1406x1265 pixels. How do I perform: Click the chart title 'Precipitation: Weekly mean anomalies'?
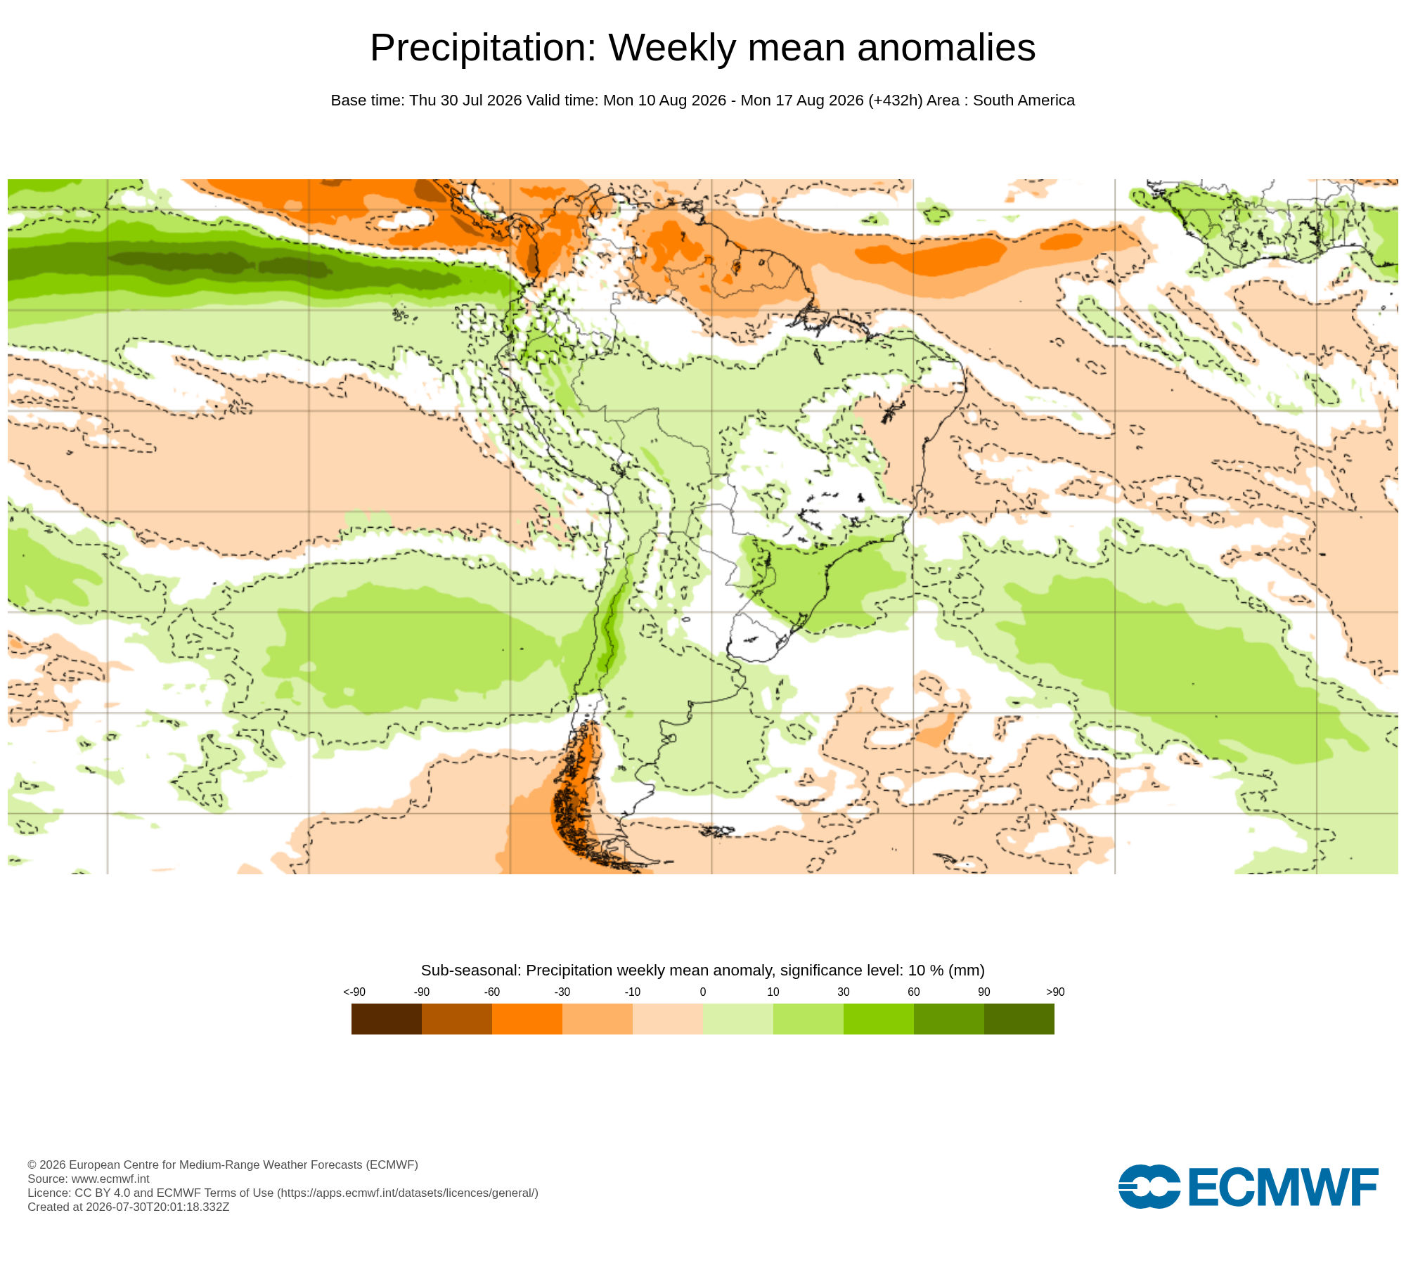pos(703,48)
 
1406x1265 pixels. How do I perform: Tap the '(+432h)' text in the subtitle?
pos(895,100)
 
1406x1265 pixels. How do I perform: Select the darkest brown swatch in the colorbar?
pos(387,1019)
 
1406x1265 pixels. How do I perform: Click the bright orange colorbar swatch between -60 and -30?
pos(527,1019)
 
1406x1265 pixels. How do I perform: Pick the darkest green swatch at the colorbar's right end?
pos(1019,1019)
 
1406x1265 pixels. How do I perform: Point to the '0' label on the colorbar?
pos(703,992)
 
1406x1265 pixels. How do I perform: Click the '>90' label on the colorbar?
pos(1055,992)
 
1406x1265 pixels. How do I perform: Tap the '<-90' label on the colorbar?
pos(354,992)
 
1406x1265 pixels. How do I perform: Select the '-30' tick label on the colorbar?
pos(562,992)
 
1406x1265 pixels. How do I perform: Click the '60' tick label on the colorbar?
pos(914,992)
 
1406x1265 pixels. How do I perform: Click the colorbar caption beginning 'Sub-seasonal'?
pos(703,971)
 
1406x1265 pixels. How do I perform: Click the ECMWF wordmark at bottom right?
pos(1283,1187)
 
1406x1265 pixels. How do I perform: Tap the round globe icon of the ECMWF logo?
pos(1149,1186)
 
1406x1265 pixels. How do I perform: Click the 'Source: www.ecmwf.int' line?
pos(89,1179)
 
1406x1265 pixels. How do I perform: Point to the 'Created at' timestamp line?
pos(129,1207)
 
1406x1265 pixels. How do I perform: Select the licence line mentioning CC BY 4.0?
pos(283,1193)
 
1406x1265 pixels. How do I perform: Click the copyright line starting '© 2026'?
pos(223,1165)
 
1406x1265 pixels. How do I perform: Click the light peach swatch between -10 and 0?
pos(668,1019)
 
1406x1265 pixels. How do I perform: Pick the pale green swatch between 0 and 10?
pos(738,1019)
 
